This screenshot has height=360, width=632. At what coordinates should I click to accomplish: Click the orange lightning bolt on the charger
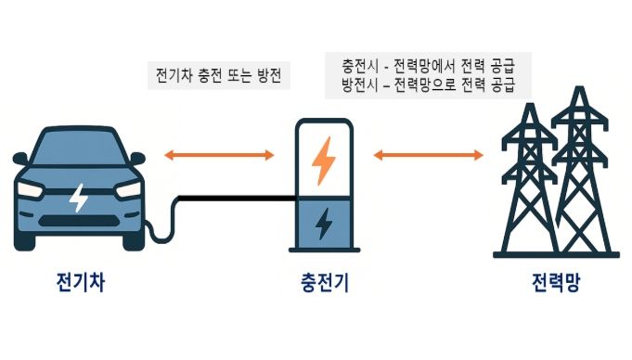tap(323, 160)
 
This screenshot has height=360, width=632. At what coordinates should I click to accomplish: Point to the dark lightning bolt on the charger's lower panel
tap(323, 224)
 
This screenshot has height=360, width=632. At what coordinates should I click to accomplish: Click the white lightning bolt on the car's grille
tap(79, 197)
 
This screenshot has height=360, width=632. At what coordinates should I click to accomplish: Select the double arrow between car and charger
tap(219, 155)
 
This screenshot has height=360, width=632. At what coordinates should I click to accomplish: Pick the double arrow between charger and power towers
tap(429, 155)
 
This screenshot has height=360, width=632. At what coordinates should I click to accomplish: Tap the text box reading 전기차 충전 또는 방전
tap(220, 75)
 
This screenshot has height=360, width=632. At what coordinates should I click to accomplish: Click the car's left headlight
tap(31, 189)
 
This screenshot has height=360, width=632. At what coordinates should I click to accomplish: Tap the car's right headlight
tap(128, 189)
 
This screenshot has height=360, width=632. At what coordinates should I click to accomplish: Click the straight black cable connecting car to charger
tap(232, 198)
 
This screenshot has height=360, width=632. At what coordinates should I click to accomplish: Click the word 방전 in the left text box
tap(270, 75)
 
